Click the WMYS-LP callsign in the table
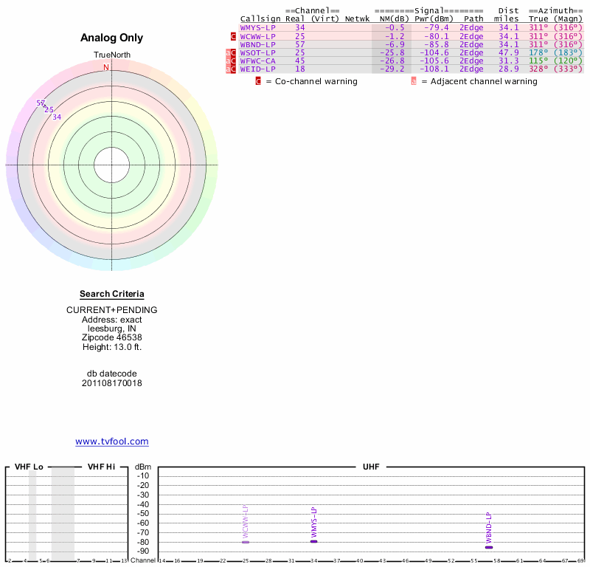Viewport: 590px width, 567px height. [x=257, y=27]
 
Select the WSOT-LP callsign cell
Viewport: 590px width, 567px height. [x=257, y=52]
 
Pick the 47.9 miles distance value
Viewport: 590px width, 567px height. [x=508, y=52]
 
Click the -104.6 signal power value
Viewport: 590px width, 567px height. [x=431, y=52]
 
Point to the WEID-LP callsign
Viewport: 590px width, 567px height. [x=257, y=69]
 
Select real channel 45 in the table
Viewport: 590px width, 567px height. [x=299, y=61]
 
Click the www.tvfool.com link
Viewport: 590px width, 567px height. [x=112, y=441]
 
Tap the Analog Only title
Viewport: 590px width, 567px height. [x=112, y=38]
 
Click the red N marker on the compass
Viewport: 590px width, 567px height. [x=106, y=67]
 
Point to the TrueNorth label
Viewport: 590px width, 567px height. [x=112, y=55]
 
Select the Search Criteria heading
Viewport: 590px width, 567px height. [x=112, y=294]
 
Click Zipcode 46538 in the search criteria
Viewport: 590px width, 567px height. [x=112, y=337]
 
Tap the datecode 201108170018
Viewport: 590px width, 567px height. [x=112, y=383]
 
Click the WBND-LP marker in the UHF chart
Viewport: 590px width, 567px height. [x=489, y=547]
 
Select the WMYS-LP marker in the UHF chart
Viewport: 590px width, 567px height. [x=314, y=541]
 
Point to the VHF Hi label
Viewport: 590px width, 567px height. [x=101, y=467]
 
